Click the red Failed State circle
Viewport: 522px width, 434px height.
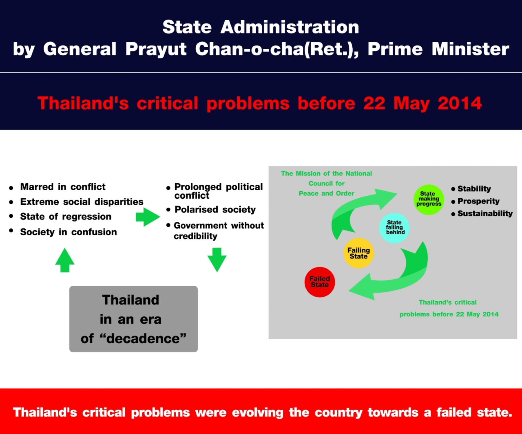coord(320,282)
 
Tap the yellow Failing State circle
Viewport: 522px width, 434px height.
coord(358,253)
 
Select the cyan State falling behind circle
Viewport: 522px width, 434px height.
coord(394,228)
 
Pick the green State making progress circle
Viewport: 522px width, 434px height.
coord(429,199)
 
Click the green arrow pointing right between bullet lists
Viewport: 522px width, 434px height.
coord(148,217)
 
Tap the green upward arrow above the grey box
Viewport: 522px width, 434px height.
coord(65,260)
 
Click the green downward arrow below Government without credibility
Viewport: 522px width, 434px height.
coord(217,260)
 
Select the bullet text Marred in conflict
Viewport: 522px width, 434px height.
coord(63,187)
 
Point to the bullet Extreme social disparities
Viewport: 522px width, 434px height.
coord(82,202)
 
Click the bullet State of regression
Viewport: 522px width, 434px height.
coord(66,217)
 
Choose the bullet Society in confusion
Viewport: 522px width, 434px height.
coord(68,232)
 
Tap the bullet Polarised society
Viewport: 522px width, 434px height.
coord(215,209)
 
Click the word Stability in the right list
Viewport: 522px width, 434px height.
coord(474,189)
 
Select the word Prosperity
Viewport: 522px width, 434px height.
coord(478,201)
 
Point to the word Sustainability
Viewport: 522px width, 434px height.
coord(485,213)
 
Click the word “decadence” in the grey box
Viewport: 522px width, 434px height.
coord(144,338)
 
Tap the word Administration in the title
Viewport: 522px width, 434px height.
coord(290,27)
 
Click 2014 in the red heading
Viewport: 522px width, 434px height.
coord(460,103)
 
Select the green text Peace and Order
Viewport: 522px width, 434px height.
coord(327,193)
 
